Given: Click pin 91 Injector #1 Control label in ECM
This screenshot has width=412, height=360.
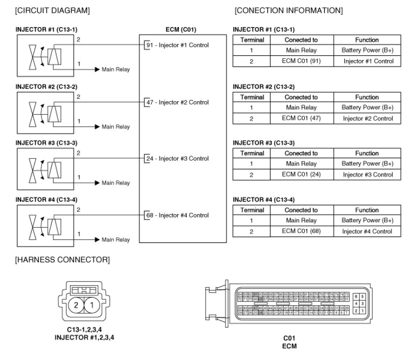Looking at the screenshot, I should tap(177, 45).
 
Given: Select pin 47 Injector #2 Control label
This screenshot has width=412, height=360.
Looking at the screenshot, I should tap(177, 102).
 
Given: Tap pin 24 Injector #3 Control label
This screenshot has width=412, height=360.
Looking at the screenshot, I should tap(177, 159).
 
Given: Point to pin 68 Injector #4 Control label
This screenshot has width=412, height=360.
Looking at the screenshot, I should tap(177, 215).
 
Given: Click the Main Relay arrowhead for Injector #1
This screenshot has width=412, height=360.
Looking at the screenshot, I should tap(97, 69).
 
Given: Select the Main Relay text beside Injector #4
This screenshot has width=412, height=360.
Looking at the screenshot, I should tap(116, 240).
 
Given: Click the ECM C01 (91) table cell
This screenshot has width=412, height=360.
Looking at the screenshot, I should tap(301, 61).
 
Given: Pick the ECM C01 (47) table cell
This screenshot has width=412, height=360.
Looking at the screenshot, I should tap(301, 118).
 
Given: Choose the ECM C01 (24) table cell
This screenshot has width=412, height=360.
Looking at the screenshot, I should tap(301, 175).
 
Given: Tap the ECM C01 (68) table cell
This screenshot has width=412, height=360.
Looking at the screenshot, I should tap(301, 231).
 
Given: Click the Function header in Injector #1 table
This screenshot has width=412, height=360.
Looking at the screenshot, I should tap(367, 40).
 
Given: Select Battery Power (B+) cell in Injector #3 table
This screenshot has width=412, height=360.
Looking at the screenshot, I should tap(367, 164).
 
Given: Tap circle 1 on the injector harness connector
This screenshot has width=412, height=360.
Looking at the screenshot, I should tap(91, 305).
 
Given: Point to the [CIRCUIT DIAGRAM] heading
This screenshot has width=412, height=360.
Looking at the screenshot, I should tap(52, 11).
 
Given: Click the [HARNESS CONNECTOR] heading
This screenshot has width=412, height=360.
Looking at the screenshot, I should tap(62, 259).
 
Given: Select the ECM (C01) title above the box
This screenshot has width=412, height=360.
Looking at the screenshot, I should tap(181, 29).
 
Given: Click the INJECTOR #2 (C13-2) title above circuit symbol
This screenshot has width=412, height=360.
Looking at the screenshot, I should tap(43, 86).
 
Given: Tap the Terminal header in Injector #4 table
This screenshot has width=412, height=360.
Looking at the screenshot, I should tap(252, 210).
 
